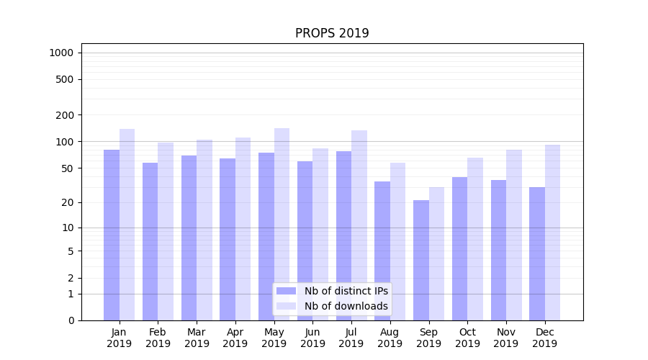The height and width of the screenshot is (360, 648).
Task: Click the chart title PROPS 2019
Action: pyautogui.click(x=332, y=34)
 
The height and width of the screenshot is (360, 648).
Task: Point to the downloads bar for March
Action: pyautogui.click(x=204, y=230)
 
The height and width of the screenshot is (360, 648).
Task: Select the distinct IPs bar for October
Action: pyautogui.click(x=459, y=248)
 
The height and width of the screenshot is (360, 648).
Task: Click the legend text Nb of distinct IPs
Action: pyautogui.click(x=346, y=291)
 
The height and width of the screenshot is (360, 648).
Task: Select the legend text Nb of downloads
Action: pyautogui.click(x=346, y=306)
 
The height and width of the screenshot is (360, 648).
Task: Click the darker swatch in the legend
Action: pyautogui.click(x=286, y=291)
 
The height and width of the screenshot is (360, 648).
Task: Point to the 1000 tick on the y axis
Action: pyautogui.click(x=61, y=53)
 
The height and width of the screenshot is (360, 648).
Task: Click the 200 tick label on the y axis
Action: pyautogui.click(x=66, y=115)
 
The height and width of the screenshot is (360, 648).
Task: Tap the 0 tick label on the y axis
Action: pyautogui.click(x=71, y=320)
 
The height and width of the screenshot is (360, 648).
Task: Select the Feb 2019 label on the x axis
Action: pyautogui.click(x=158, y=338)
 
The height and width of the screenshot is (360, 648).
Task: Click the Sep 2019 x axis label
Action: pyautogui.click(x=428, y=338)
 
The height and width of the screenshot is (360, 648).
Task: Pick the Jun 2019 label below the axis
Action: pyautogui.click(x=312, y=338)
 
